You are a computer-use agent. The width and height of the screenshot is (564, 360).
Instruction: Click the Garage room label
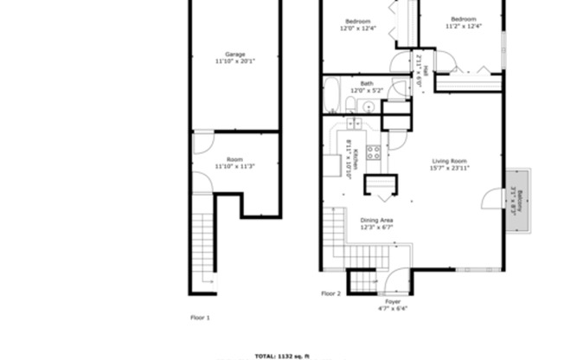tap(234, 55)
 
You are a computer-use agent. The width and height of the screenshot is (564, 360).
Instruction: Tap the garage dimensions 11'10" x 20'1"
tap(234, 61)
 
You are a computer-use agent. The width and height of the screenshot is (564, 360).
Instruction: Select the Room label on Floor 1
tap(234, 159)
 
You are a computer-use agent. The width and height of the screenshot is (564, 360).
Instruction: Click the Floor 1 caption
tap(200, 318)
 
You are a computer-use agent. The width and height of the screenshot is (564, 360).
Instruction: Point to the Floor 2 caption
tap(331, 293)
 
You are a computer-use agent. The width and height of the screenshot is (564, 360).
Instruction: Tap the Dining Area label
tap(377, 220)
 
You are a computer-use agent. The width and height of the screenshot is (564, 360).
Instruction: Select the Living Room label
tap(450, 161)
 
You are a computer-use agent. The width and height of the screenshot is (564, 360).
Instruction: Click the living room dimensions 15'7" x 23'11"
tap(450, 168)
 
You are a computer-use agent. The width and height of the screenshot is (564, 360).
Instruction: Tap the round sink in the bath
tap(368, 106)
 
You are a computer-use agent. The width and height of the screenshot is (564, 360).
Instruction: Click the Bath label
tap(367, 84)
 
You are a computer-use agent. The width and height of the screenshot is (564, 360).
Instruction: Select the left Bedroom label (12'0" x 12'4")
tap(358, 21)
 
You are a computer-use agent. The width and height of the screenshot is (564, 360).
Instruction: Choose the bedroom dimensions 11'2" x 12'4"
tap(463, 27)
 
